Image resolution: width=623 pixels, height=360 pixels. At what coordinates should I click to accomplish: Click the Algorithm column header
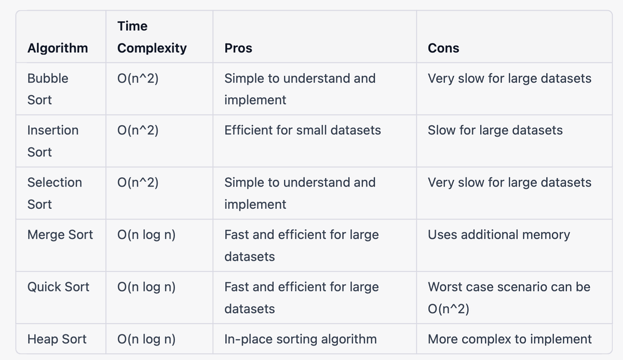tap(58, 48)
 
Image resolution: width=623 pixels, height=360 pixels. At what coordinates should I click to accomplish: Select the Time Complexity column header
tap(152, 37)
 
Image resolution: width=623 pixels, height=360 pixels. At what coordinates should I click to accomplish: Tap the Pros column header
tap(238, 48)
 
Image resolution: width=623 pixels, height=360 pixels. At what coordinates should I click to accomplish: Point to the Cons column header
tap(443, 48)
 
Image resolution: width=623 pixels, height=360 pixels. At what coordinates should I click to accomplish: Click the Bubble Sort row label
tap(48, 89)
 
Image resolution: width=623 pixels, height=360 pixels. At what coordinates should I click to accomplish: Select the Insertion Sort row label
tap(53, 141)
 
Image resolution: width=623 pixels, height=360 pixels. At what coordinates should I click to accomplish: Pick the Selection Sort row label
tap(55, 193)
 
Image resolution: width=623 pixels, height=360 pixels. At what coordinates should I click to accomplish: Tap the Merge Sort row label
tap(60, 234)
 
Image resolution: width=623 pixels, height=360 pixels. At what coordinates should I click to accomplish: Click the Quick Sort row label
tap(58, 287)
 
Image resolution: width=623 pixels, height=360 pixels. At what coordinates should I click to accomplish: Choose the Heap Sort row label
tap(57, 339)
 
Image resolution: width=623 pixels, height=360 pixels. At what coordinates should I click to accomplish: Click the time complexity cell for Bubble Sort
tap(138, 78)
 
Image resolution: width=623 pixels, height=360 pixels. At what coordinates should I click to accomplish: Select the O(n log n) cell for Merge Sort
tap(146, 235)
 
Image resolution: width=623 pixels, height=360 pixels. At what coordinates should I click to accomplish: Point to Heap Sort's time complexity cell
tap(146, 339)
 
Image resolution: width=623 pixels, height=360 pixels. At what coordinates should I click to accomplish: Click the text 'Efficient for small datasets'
tap(303, 130)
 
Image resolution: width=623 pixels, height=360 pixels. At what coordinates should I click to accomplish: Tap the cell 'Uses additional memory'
tap(499, 235)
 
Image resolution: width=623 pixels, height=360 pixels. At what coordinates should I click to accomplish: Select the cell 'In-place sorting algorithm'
tap(301, 339)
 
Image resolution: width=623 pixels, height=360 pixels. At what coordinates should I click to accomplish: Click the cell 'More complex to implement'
tap(509, 339)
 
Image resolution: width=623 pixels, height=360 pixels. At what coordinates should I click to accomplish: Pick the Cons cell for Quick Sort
tap(509, 298)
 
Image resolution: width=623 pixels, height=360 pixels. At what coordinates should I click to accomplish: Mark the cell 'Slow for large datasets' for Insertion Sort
tap(495, 130)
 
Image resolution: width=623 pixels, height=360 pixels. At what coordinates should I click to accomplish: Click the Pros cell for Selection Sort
tap(300, 193)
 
